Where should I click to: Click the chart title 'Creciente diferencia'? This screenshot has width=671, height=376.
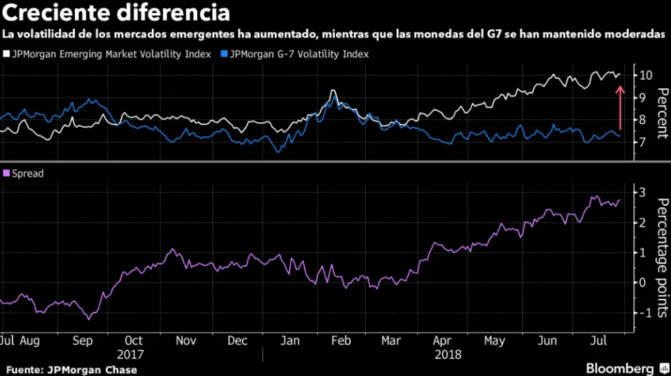coord(115,13)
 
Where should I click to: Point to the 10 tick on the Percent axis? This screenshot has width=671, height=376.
coord(642,74)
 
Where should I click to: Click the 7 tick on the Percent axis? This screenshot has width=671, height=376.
coord(641,142)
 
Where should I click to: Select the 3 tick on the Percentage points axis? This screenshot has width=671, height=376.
coord(641,191)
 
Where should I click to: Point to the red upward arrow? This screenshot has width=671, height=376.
coord(619,107)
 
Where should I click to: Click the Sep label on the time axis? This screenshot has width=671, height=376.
coord(83,340)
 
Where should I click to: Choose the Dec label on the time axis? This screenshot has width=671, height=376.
coord(237,340)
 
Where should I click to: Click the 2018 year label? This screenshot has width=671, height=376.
coord(448,354)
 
